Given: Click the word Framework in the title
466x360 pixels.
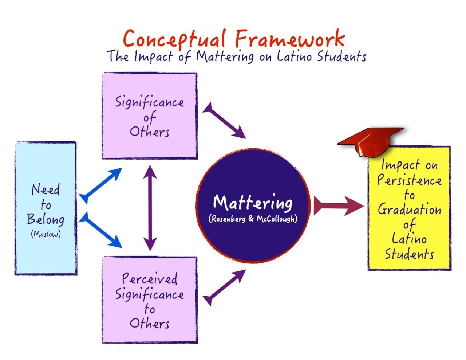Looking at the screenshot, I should tap(289, 39).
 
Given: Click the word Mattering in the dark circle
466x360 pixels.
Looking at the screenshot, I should tap(253, 203).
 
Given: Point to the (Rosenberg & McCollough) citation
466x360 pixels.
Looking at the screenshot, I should tap(253, 219).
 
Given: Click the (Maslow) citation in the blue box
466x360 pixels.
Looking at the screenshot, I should tap(46, 234).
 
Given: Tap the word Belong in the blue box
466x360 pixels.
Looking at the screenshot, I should tap(46, 219).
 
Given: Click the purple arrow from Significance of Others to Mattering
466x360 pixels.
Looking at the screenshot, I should tap(224, 120).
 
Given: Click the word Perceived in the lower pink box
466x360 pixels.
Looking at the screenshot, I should tap(150, 279).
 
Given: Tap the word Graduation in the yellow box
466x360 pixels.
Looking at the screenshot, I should tap(409, 210).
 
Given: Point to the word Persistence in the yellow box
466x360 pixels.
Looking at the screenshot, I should tap(409, 180).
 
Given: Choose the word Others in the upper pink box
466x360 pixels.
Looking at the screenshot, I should tap(150, 132).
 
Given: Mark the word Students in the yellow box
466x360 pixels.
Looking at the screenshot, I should tap(409, 254).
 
